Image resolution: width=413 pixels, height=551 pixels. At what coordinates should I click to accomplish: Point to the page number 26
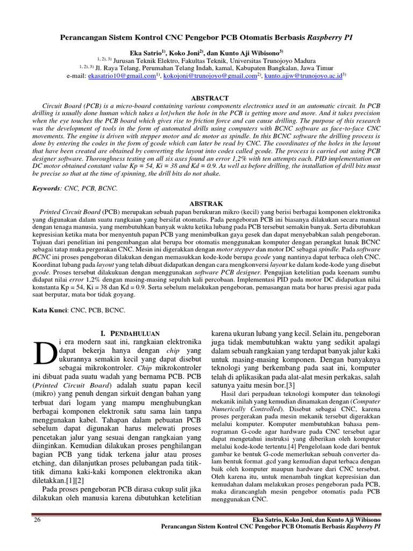(x=37, y=520)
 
